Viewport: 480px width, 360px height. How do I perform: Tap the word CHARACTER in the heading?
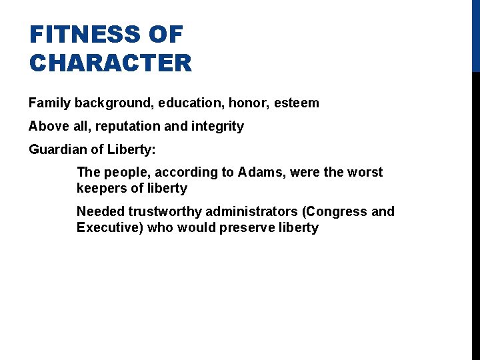click(110, 63)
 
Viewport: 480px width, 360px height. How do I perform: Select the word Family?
click(49, 103)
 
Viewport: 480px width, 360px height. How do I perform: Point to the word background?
click(108, 103)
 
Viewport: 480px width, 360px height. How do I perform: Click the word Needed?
click(101, 211)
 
